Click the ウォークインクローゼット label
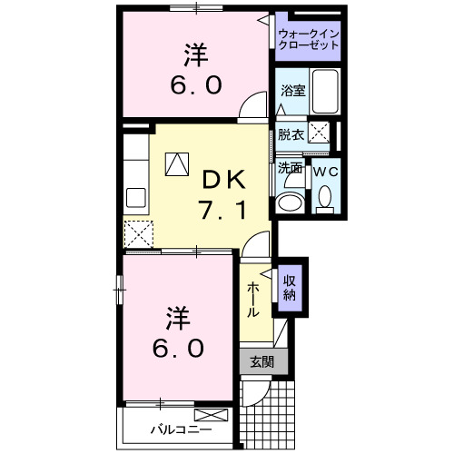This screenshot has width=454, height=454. click(x=309, y=39)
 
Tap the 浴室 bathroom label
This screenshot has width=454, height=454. click(x=292, y=91)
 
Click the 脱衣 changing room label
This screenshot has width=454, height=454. click(x=291, y=134)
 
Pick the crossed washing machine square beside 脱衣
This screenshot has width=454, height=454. click(x=319, y=133)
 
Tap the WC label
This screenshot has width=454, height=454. click(x=325, y=168)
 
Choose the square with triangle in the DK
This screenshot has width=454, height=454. click(x=176, y=163)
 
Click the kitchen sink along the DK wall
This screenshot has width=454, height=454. click(x=136, y=197)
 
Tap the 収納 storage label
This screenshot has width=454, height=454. click(x=290, y=287)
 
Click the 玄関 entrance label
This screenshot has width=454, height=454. click(x=262, y=361)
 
